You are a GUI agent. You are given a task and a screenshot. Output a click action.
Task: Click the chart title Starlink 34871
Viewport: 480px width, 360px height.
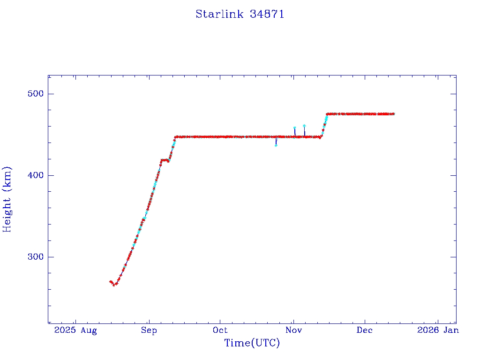240,14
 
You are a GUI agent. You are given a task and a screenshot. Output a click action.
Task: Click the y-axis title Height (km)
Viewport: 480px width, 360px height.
7,199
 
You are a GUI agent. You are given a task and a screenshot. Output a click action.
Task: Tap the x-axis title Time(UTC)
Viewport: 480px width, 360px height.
252,343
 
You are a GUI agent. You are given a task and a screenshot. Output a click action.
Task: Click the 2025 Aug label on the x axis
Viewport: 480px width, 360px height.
75,330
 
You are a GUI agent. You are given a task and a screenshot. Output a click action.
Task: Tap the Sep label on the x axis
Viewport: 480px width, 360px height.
149,330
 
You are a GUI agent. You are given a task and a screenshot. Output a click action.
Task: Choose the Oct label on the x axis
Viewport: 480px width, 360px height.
220,330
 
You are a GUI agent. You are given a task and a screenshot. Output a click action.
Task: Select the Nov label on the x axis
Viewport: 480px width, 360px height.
293,330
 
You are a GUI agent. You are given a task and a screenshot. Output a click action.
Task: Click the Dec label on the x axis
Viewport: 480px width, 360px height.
364,330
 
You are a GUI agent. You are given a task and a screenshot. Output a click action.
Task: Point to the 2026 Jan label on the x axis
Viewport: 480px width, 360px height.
437,330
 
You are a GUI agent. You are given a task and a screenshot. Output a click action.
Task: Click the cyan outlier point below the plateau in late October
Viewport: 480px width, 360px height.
276,145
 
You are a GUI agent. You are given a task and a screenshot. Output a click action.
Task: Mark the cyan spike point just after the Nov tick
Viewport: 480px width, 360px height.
294,127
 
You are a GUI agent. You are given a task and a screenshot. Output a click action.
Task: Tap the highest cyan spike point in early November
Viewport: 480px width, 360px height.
304,126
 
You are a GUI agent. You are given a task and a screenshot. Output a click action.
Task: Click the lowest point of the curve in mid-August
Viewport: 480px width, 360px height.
114,285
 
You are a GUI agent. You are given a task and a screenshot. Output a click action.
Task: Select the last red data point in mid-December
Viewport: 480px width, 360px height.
393,114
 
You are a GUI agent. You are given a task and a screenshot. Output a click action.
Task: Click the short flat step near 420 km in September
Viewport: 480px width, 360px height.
165,160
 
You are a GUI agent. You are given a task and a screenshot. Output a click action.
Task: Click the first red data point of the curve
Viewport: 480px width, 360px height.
110,281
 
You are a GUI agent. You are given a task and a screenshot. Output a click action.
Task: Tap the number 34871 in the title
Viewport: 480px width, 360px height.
267,14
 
